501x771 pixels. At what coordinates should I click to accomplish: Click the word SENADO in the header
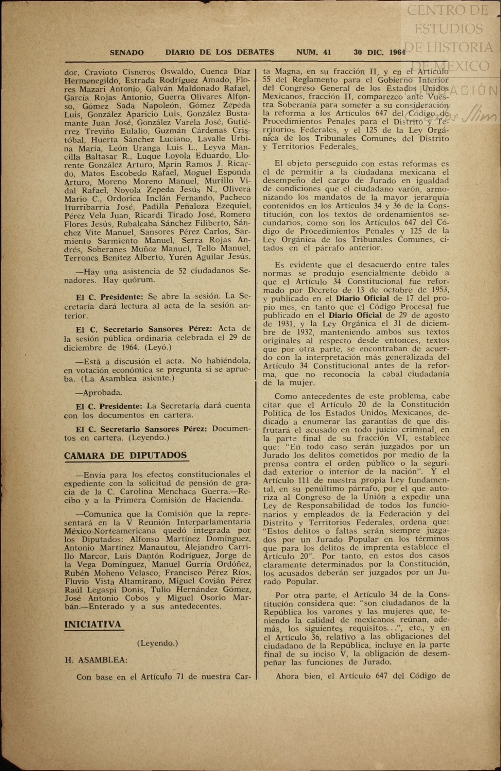[x=127, y=53]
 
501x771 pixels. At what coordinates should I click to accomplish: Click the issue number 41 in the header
[x=327, y=52]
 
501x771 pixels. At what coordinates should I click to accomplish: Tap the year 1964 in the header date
[x=397, y=52]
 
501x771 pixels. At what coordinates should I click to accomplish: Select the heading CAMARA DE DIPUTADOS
[x=125, y=455]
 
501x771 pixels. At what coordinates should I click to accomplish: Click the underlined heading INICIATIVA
[x=92, y=624]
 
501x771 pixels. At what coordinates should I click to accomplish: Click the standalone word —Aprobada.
[x=99, y=392]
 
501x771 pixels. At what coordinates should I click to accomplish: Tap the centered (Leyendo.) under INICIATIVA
[x=157, y=643]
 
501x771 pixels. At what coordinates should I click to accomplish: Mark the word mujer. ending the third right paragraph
[x=303, y=382]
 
